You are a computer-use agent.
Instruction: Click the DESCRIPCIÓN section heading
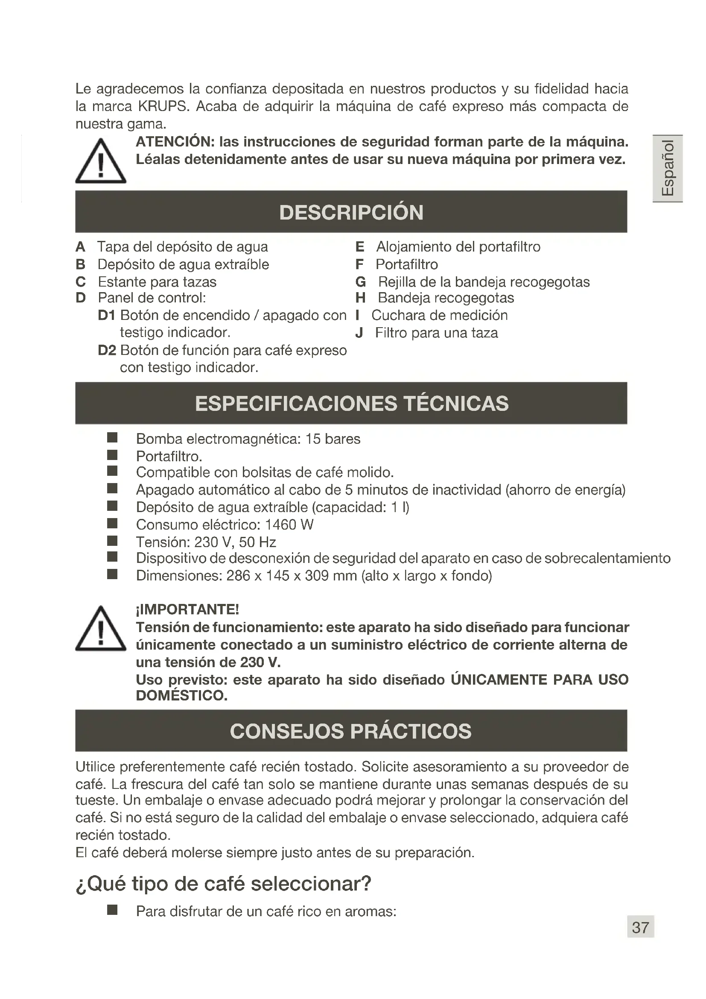pos(351,212)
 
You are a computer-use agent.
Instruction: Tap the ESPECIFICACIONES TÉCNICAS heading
pos(351,403)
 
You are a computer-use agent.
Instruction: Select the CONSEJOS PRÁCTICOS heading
pos(350,731)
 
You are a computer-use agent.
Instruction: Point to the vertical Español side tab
pos(667,168)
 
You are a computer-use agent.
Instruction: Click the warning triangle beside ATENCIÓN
pos(100,161)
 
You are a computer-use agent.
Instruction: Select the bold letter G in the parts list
pos(360,282)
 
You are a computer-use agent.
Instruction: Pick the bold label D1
pos(107,315)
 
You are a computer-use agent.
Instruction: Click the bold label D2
pos(107,350)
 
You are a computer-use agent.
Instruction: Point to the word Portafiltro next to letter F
pos(406,264)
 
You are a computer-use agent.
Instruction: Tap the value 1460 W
pos(289,525)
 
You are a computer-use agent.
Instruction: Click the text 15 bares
pos(333,439)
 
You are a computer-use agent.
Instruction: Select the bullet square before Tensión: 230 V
pos(112,541)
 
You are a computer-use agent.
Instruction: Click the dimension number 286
pos(238,576)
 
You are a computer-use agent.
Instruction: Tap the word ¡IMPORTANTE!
pos(187,609)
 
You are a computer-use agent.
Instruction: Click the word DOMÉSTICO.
pos(182,695)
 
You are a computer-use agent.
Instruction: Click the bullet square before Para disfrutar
pos(112,910)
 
